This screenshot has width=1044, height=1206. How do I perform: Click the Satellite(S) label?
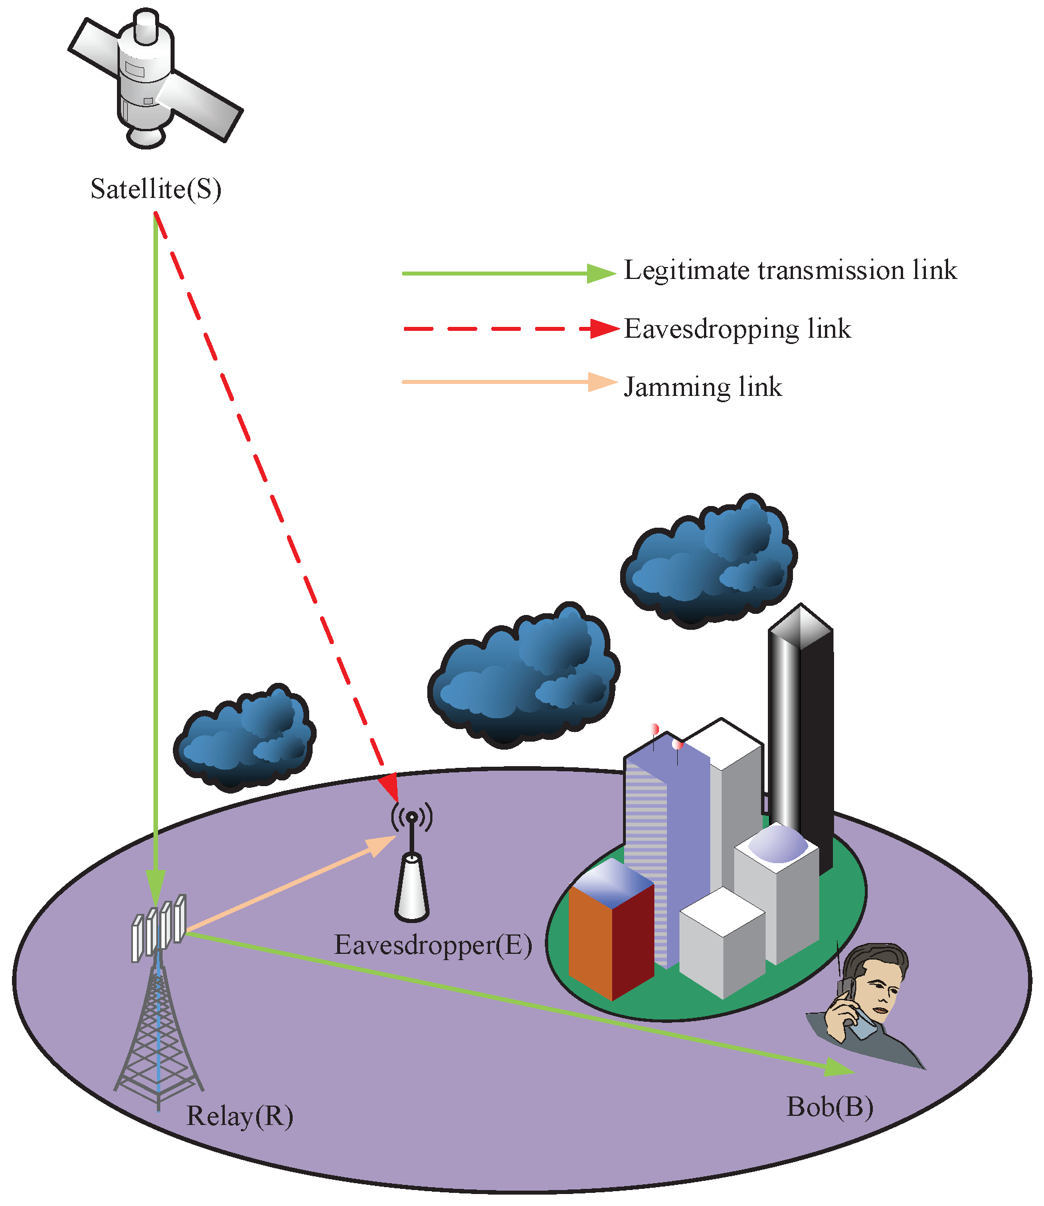(156, 189)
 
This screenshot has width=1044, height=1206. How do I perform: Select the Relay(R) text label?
(240, 1116)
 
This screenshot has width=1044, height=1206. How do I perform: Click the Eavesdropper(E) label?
(433, 944)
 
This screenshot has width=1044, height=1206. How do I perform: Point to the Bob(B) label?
(829, 1106)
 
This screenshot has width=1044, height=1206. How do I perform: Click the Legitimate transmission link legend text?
(790, 270)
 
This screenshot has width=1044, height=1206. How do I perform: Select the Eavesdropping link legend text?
(737, 329)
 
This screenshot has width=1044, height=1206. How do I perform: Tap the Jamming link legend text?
(703, 387)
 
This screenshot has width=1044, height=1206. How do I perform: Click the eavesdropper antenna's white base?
(412, 888)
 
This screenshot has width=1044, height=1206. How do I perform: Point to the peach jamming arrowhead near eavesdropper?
(382, 845)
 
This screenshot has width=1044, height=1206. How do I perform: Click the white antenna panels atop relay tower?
(159, 926)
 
